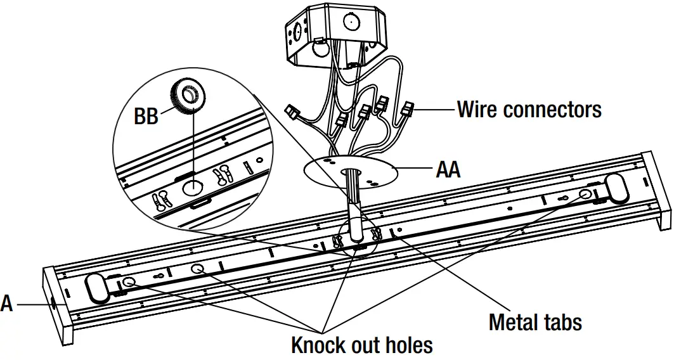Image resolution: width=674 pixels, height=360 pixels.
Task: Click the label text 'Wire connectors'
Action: [529, 110]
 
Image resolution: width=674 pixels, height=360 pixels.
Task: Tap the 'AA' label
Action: [448, 169]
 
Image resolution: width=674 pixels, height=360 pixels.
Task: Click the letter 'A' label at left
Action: [6, 304]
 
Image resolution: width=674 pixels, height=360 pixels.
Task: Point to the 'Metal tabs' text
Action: [535, 322]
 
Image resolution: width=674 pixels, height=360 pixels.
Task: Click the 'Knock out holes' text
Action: [361, 345]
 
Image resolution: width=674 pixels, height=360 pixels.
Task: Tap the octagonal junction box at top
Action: [336, 35]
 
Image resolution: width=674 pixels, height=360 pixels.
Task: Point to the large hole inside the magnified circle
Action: [191, 188]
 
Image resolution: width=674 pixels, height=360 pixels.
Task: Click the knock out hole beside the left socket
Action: [129, 282]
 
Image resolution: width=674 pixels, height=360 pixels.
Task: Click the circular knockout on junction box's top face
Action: [349, 20]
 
